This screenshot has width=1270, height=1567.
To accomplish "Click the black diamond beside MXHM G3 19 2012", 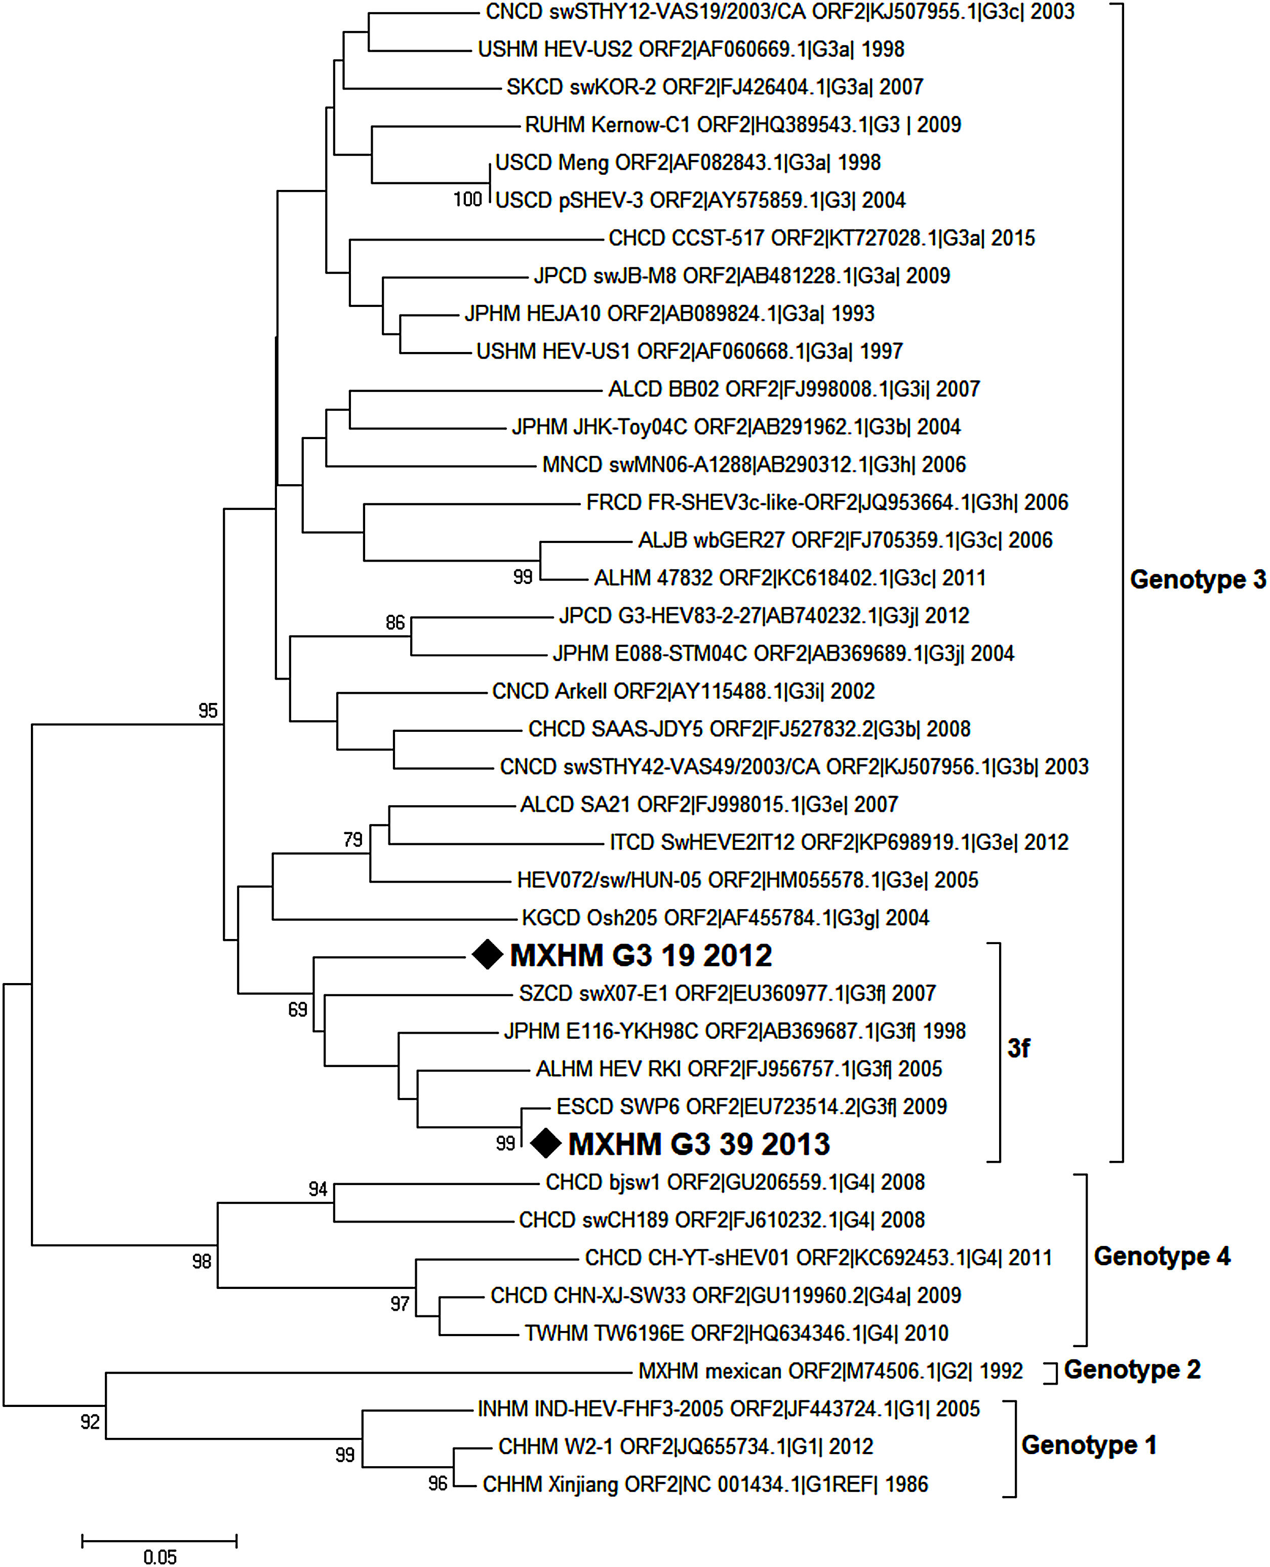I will (x=487, y=955).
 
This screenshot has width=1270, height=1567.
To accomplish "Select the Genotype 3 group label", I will (x=1197, y=579).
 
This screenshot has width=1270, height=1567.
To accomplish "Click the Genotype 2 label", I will (x=1132, y=1369).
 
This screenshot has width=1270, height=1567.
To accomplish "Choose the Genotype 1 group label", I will (x=1089, y=1445).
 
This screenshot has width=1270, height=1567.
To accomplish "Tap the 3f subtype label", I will (x=1018, y=1048).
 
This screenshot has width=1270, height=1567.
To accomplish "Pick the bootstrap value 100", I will (x=467, y=199).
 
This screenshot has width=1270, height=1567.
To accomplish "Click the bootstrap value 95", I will (x=208, y=711).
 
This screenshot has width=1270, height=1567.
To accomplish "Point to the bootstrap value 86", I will (x=395, y=622).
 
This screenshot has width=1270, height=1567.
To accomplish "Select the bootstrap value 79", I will (x=352, y=839).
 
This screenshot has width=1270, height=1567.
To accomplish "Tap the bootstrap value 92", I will (x=90, y=1422).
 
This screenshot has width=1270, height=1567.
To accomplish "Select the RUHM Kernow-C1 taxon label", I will (x=742, y=125).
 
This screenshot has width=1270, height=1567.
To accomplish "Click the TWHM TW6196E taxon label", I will (x=736, y=1333).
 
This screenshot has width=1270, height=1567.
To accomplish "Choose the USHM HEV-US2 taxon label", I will (x=691, y=49).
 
